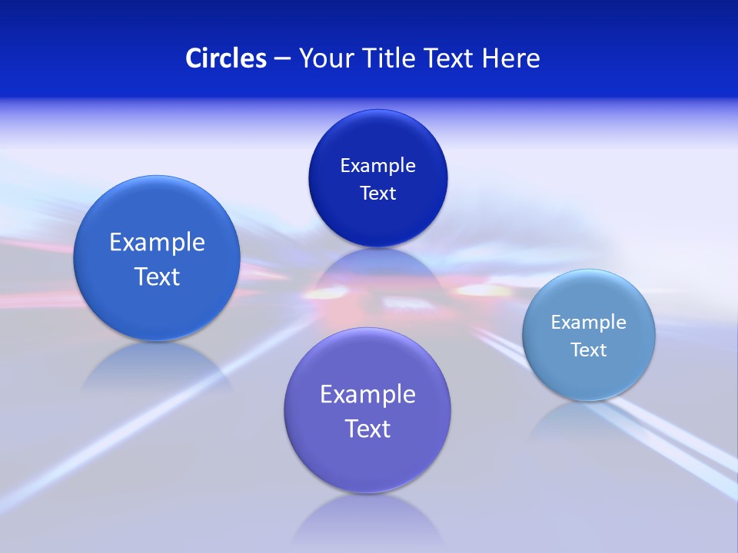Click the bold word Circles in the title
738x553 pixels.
(x=225, y=58)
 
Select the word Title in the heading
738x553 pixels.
(x=390, y=58)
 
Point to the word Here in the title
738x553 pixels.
(x=511, y=58)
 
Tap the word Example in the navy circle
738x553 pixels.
(x=377, y=165)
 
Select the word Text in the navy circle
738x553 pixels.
(x=377, y=193)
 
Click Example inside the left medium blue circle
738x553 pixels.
(x=157, y=242)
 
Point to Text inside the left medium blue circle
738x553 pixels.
(x=157, y=276)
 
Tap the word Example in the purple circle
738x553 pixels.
(x=367, y=394)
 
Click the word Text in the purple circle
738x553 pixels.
(x=367, y=429)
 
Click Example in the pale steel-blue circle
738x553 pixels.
(x=589, y=322)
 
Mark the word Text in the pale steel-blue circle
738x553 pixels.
(x=589, y=349)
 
